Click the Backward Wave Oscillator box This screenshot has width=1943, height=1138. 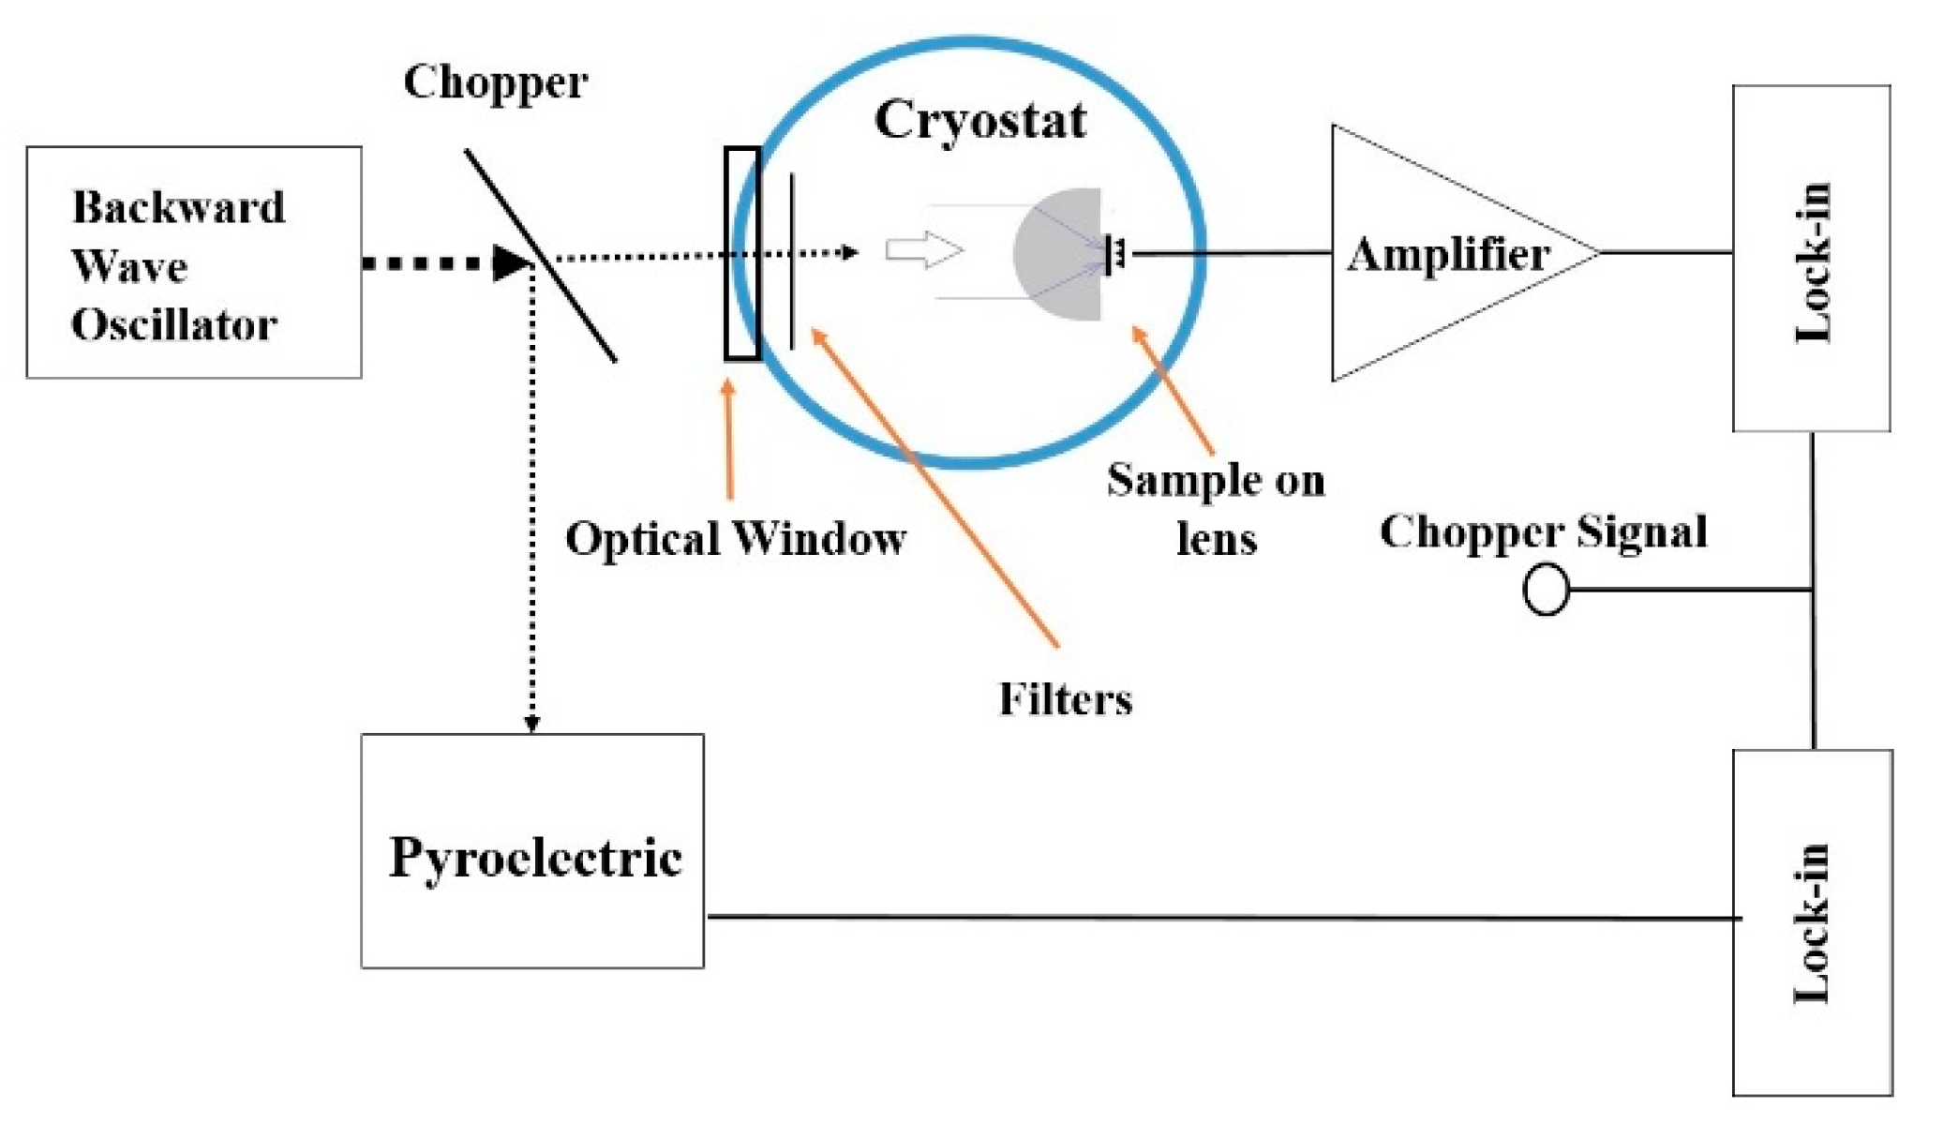tap(193, 262)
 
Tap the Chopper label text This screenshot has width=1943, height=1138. tap(495, 82)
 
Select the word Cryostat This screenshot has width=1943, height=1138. tap(979, 120)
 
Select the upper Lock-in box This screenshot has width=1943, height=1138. tap(1810, 259)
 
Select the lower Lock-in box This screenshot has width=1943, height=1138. tap(1811, 921)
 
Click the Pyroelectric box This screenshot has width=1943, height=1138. tap(532, 851)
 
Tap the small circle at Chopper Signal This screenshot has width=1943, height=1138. tap(1546, 590)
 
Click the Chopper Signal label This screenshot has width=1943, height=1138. tap(1543, 532)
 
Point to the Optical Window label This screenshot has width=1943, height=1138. tap(735, 539)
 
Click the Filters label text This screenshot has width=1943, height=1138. tap(1065, 699)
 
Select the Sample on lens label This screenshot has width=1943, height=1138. tap(1216, 508)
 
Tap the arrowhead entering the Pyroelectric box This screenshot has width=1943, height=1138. tap(531, 724)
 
